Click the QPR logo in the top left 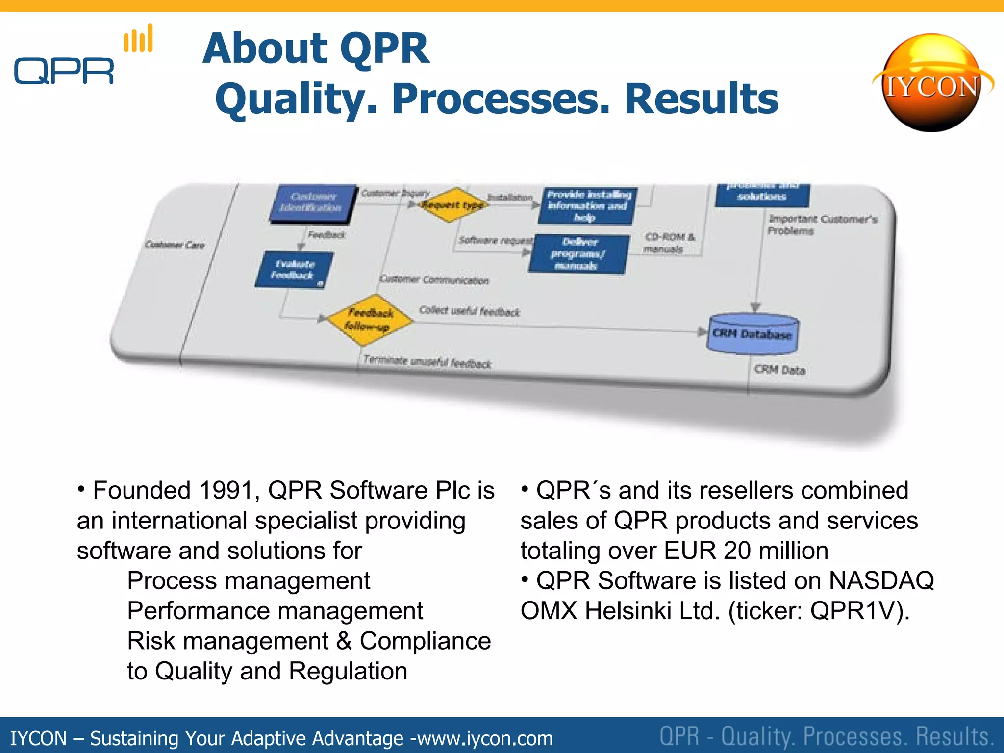click(64, 71)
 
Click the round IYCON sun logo click(931, 83)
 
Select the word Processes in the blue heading click(500, 99)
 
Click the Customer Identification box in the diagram click(312, 202)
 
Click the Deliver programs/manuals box click(578, 254)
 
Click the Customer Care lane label click(175, 245)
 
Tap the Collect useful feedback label click(469, 311)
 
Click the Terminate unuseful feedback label click(427, 362)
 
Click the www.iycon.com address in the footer click(485, 738)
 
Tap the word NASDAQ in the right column click(881, 581)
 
